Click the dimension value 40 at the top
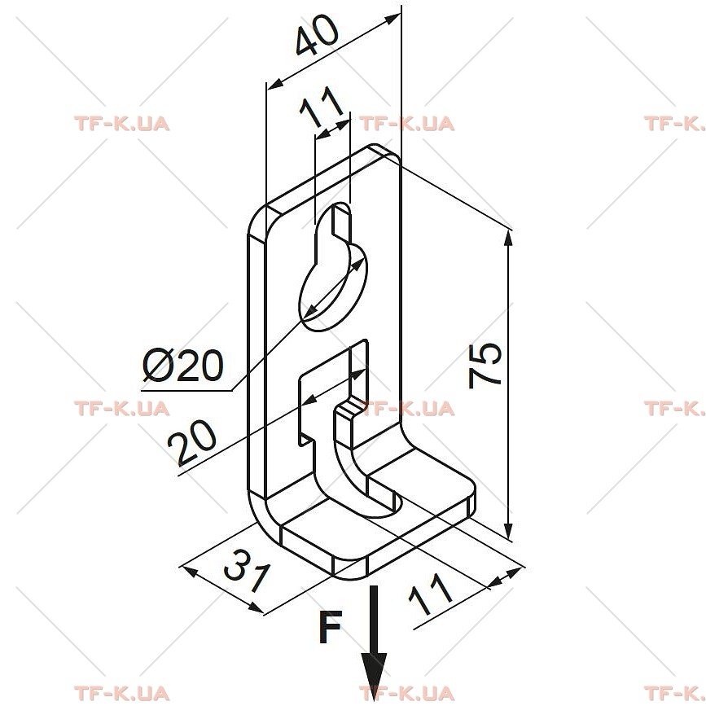[x=317, y=35]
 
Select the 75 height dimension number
[x=485, y=365]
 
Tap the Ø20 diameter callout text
[x=182, y=365]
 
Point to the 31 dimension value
[x=248, y=571]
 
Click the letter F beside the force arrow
[x=330, y=627]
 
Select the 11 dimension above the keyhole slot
[x=322, y=107]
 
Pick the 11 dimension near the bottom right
[x=430, y=594]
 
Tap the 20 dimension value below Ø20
[x=192, y=442]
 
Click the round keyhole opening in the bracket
[x=334, y=287]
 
